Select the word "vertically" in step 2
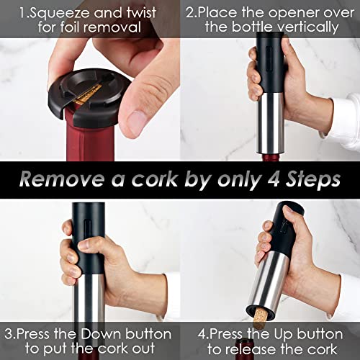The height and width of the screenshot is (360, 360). [x=285, y=27]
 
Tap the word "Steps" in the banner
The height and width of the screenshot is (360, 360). [x=312, y=180]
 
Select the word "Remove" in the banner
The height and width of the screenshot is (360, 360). [x=61, y=179]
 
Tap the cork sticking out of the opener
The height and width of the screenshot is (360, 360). [x=261, y=318]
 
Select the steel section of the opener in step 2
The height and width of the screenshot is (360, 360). [x=271, y=123]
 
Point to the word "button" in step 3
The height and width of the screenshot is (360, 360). [x=148, y=334]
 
